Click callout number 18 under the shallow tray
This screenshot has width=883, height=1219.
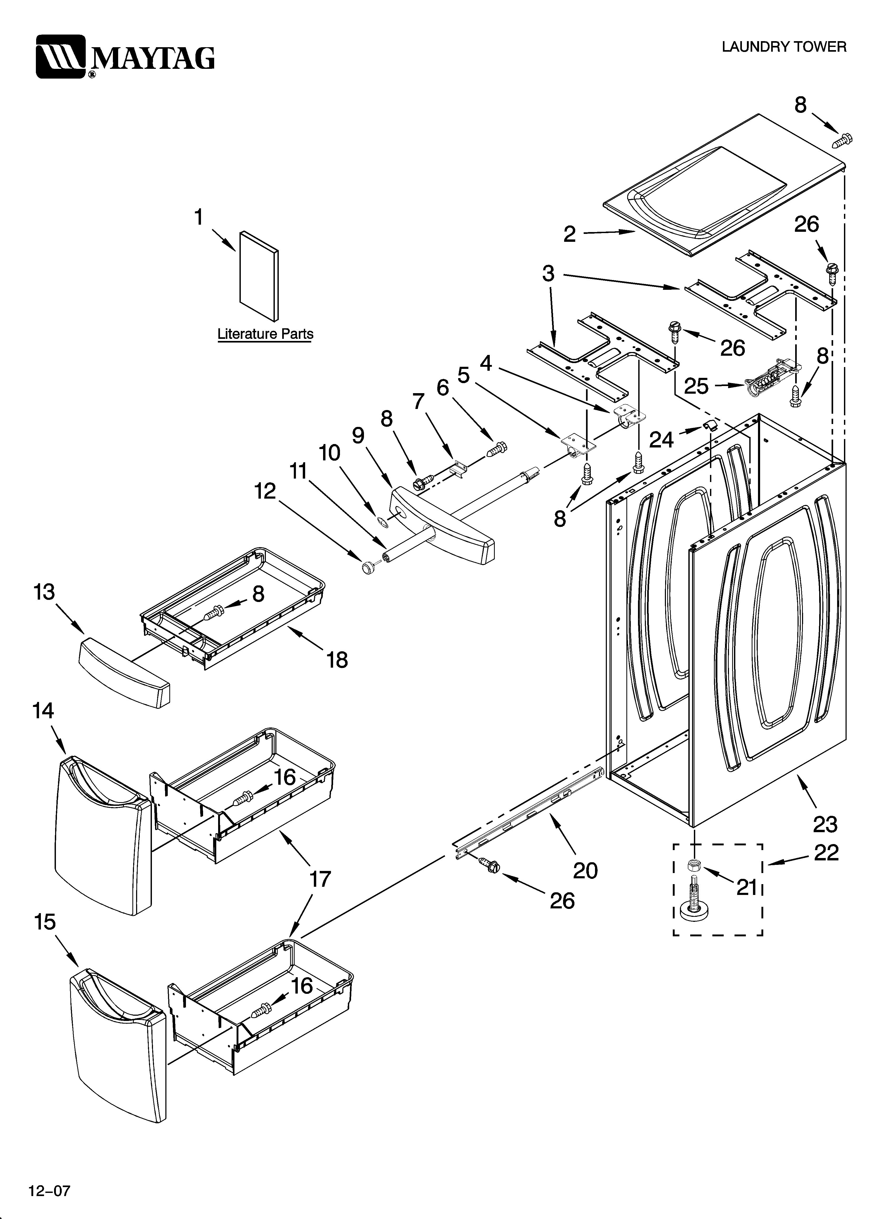[337, 660]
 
